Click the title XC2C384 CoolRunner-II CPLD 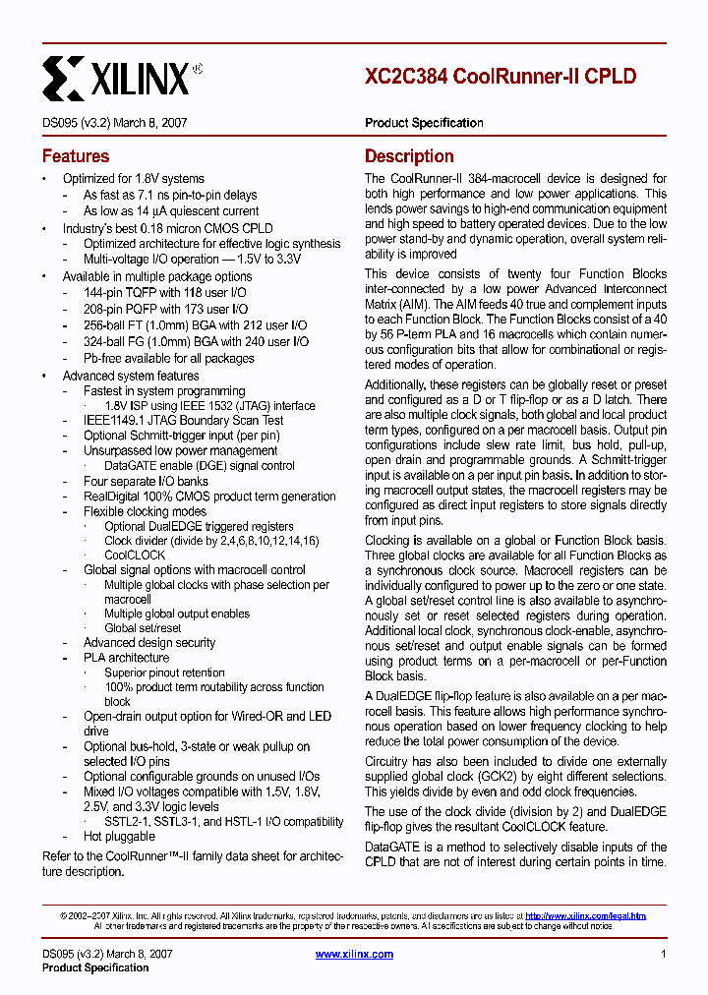(501, 76)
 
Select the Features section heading (76, 156)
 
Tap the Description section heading (409, 156)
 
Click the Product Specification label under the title (424, 123)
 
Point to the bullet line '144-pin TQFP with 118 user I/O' (164, 293)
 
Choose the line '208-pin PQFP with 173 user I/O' (165, 309)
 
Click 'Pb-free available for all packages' (168, 358)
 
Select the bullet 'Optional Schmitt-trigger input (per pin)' (182, 436)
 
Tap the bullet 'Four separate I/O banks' (146, 482)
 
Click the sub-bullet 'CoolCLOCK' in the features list (135, 555)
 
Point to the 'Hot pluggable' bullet (119, 837)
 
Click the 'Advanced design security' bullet (149, 643)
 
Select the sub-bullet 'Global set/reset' (143, 628)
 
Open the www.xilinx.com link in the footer (354, 954)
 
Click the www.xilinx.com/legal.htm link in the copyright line (586, 915)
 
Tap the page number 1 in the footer (664, 954)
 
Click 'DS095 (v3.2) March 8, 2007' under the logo (115, 123)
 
